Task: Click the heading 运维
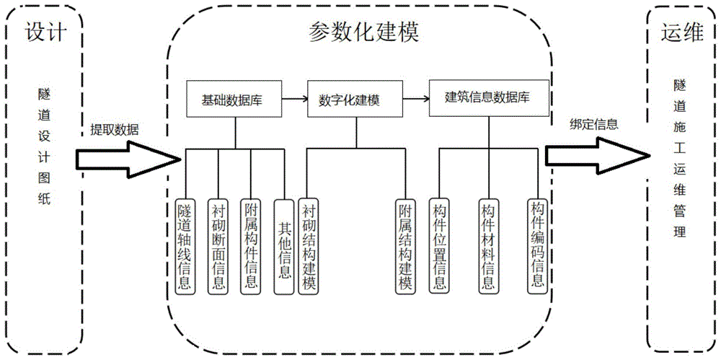click(x=681, y=32)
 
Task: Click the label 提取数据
click(x=115, y=130)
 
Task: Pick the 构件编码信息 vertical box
click(x=536, y=243)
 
